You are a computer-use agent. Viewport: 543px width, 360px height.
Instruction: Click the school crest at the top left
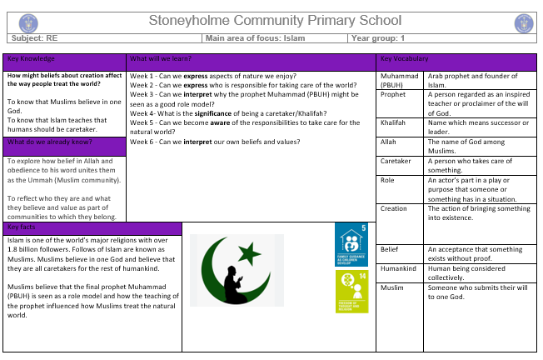point(17,22)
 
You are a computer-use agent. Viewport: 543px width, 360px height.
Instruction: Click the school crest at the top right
point(524,22)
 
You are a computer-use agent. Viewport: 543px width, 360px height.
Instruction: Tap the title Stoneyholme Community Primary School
point(271,21)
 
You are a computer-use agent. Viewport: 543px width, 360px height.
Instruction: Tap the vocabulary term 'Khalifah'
point(393,122)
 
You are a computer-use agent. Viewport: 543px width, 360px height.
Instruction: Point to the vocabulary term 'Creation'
point(394,208)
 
